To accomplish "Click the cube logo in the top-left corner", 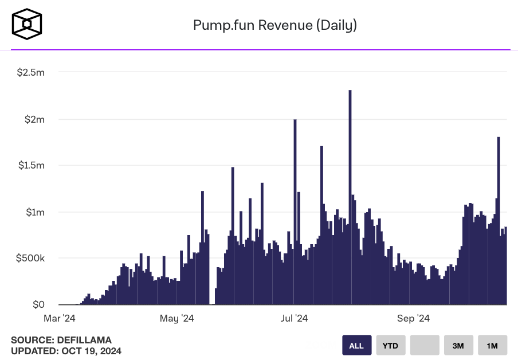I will click(26, 24).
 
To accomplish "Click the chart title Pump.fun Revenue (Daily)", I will click(275, 25).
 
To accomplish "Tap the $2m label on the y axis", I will click(34, 119).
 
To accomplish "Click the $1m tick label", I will click(34, 212).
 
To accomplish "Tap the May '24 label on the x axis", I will click(177, 318).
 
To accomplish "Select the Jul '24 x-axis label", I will click(295, 318).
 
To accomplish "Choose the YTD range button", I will click(390, 346).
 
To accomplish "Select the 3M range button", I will click(458, 346).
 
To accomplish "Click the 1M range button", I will click(492, 346).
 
